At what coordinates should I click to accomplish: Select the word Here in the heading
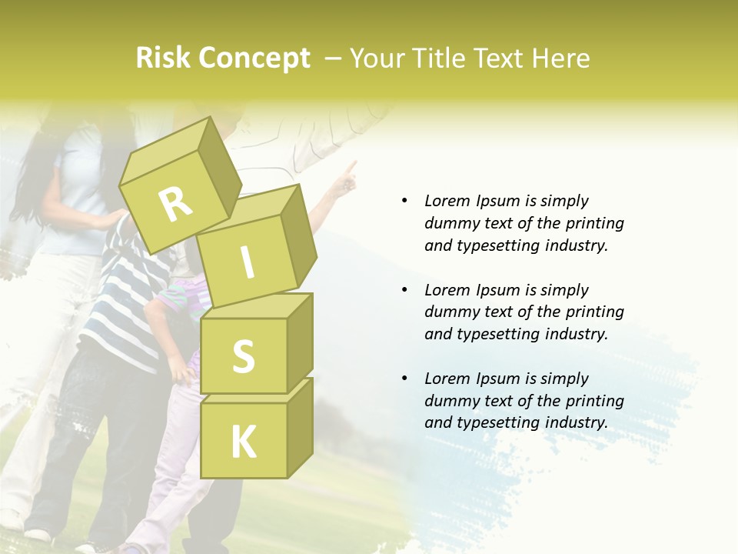[x=562, y=58]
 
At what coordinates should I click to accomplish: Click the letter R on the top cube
[x=175, y=203]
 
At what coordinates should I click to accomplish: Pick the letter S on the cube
[x=243, y=356]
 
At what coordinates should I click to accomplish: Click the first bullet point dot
[x=405, y=201]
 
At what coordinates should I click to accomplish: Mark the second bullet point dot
[x=405, y=290]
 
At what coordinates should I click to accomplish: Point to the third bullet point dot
[x=405, y=379]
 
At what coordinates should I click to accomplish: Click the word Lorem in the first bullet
[x=447, y=201]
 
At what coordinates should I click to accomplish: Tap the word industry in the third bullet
[x=577, y=422]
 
